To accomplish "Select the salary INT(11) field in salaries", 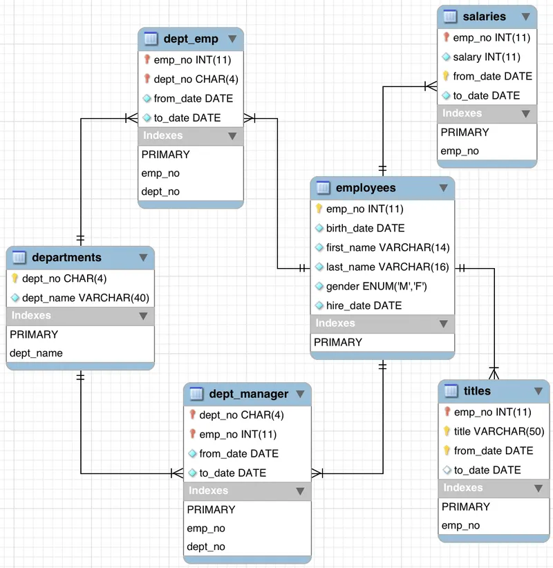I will point(486,57).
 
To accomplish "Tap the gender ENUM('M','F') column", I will point(376,286).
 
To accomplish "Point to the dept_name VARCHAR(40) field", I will point(86,298).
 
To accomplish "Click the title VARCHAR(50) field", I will point(498,431).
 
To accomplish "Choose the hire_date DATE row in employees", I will point(364,305).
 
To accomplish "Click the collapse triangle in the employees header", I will point(443,188).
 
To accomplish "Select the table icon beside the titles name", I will point(451,391).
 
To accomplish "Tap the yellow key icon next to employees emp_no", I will point(319,209).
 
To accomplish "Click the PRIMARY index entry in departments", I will point(34,334).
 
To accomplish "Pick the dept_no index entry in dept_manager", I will point(206,547).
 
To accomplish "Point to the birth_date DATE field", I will point(365,228).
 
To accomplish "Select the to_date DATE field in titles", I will point(487,470).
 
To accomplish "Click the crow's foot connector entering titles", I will point(494,373).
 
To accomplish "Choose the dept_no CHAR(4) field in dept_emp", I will point(196,79).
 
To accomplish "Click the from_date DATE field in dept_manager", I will point(238,454).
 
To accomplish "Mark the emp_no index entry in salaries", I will point(460,151).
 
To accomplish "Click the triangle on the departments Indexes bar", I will point(143,316).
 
